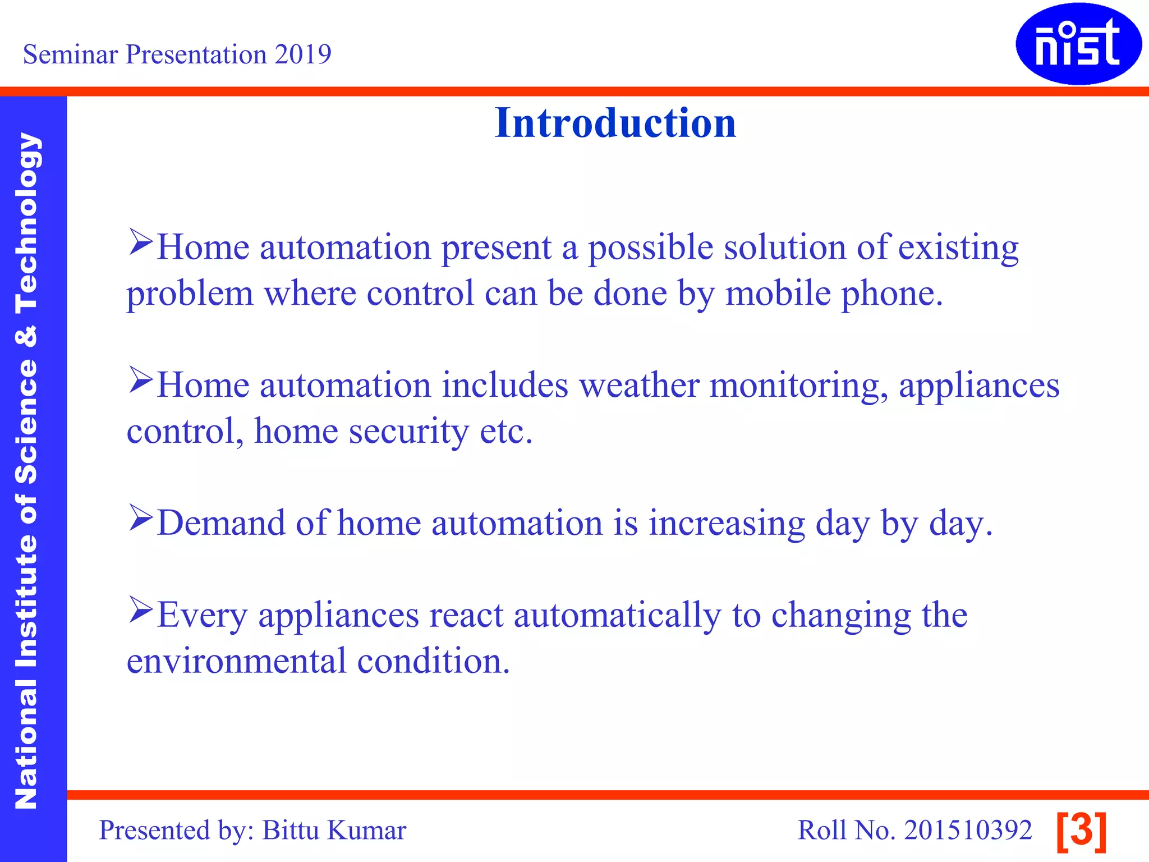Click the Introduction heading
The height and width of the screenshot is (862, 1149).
coord(615,123)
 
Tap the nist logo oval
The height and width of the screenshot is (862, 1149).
coord(1078,44)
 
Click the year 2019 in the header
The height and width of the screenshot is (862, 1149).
coord(303,54)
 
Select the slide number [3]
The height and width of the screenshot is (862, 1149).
coord(1081,831)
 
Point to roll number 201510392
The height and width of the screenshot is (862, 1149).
coord(968,830)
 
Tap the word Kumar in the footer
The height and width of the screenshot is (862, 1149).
coord(366,830)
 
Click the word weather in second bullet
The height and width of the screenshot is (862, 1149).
coord(638,386)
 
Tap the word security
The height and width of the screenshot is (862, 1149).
coord(408,432)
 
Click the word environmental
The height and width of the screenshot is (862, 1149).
coord(236,661)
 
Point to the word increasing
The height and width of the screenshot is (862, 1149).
coord(726,524)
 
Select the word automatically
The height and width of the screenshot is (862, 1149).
coord(617,616)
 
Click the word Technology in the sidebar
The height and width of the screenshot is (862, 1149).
coord(26,223)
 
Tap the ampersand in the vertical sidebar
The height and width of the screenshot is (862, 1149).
coord(26,336)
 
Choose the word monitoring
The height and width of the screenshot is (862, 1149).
coord(799,387)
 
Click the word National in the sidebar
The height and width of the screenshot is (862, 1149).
coord(26,744)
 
